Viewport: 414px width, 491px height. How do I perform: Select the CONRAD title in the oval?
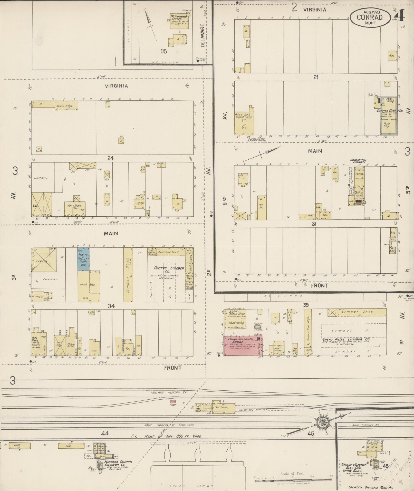[369, 17]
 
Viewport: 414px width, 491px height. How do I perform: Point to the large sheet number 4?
[400, 16]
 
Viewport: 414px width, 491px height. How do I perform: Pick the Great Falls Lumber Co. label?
[346, 339]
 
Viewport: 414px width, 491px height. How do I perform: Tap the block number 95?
[163, 51]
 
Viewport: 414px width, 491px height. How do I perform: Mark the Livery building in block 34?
[44, 260]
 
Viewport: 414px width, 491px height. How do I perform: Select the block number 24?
[110, 158]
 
